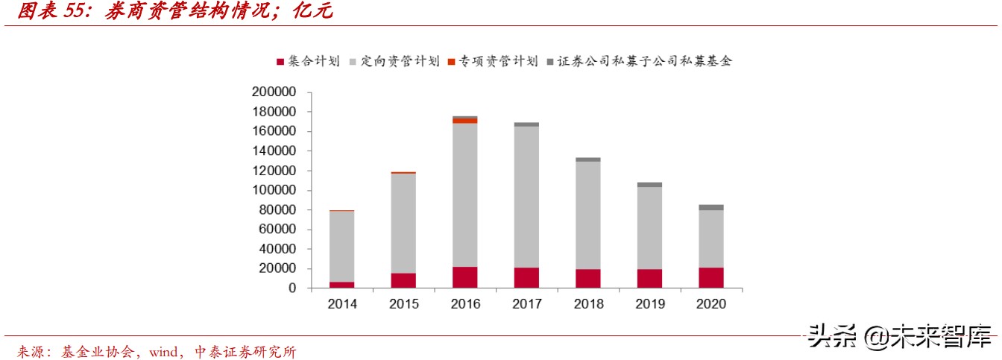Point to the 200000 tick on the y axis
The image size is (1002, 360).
click(275, 92)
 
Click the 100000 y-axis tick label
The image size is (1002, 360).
click(275, 190)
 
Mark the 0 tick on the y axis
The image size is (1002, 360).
click(292, 288)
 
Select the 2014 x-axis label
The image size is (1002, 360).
click(341, 304)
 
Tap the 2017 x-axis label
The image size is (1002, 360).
click(526, 304)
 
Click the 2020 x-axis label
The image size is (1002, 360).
click(710, 304)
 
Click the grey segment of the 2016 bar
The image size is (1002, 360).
click(464, 194)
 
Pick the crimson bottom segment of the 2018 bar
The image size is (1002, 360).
click(587, 278)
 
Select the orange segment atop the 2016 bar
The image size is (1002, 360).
click(464, 121)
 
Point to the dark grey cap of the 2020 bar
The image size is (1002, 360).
click(710, 207)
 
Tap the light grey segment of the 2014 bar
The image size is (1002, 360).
click(341, 246)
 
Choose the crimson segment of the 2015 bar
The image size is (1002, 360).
click(403, 280)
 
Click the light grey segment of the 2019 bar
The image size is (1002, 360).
click(649, 227)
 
